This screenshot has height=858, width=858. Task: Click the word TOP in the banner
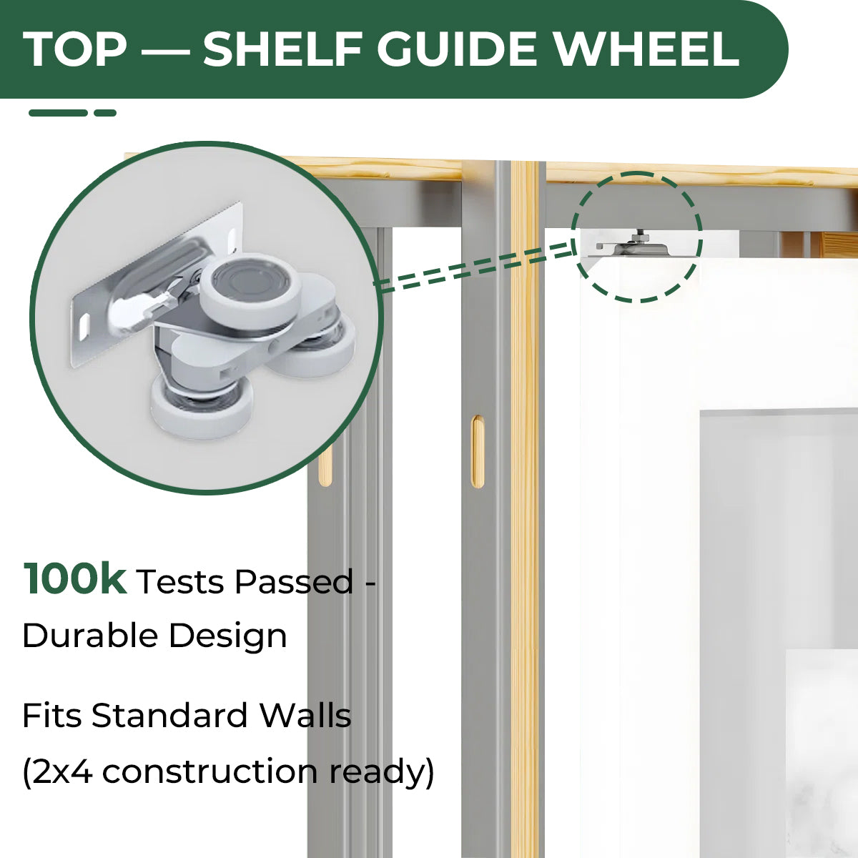tap(75, 49)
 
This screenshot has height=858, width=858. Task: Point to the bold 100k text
tap(75, 579)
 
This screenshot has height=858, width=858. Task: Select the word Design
tap(228, 636)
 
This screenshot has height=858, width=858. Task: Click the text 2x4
tap(63, 771)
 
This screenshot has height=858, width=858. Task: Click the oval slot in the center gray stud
tap(477, 452)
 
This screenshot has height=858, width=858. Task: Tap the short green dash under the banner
tap(105, 113)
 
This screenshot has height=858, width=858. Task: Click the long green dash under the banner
tap(58, 113)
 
